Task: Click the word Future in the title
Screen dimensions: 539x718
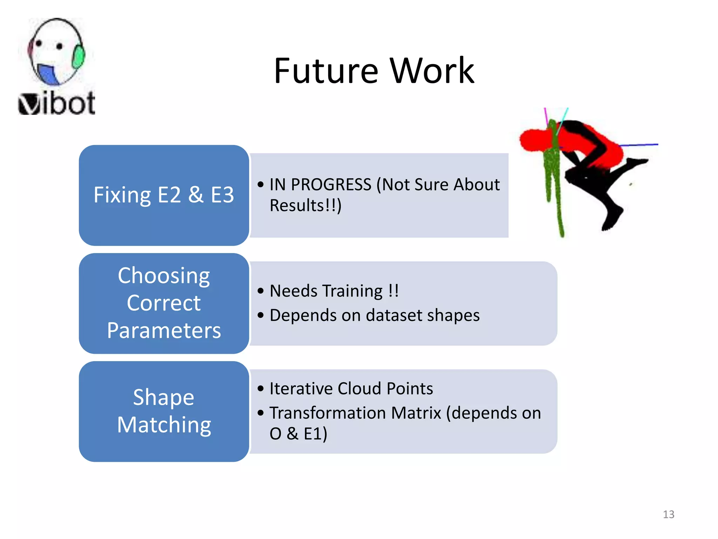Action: (326, 71)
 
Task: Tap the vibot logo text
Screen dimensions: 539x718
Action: (57, 104)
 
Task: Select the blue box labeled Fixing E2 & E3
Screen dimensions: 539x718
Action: (164, 195)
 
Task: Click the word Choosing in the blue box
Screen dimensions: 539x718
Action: (164, 275)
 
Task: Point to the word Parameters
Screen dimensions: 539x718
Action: (164, 331)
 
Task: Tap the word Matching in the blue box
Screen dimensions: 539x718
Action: (164, 425)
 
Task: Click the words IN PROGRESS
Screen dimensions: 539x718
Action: (320, 185)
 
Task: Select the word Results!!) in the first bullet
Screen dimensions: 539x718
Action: (305, 206)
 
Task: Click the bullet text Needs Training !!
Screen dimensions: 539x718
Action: (334, 291)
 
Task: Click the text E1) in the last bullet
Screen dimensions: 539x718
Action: (315, 434)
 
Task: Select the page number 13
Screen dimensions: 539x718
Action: (668, 514)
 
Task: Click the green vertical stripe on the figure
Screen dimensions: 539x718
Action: (553, 175)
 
